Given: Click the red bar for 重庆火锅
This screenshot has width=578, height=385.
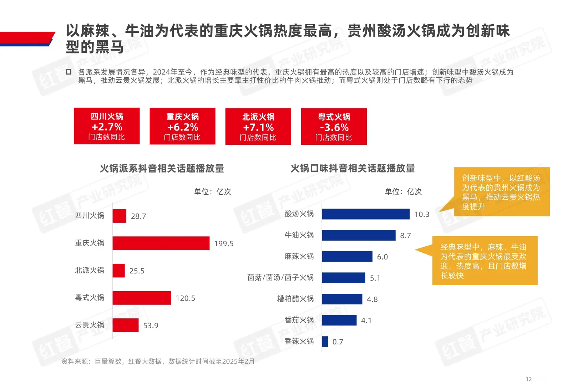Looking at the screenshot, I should (161, 243).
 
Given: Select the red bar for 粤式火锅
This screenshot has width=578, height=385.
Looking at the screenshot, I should (142, 298).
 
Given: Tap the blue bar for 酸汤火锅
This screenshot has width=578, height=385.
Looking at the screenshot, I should (366, 214).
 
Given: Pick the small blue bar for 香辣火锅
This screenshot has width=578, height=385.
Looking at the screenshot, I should (325, 342).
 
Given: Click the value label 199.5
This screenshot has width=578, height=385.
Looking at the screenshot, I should (224, 243).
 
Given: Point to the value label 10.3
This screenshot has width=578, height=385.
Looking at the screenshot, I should (422, 214).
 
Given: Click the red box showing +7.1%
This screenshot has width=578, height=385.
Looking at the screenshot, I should (258, 127).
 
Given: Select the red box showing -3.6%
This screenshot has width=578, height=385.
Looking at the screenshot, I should (334, 127).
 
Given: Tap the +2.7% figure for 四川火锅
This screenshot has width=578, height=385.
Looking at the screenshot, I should (107, 127).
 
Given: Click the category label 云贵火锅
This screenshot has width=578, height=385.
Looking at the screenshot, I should (89, 325).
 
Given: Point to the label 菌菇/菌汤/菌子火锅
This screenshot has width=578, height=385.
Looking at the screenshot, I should (280, 277).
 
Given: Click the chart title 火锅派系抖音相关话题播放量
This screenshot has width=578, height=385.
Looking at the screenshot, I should (162, 168).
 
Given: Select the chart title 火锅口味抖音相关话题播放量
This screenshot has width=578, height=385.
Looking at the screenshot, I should (353, 168).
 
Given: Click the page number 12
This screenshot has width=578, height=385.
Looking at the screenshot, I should (529, 379).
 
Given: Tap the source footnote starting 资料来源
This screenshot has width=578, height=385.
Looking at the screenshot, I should (158, 361).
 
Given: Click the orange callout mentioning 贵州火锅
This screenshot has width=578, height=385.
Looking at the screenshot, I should (501, 192).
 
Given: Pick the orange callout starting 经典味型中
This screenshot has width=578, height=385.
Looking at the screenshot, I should (485, 261).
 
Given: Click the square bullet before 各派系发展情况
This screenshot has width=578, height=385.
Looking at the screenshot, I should (69, 72).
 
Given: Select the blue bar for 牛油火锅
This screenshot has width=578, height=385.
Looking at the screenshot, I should (359, 235).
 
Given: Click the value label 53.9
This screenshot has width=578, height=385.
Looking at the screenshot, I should (151, 325).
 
